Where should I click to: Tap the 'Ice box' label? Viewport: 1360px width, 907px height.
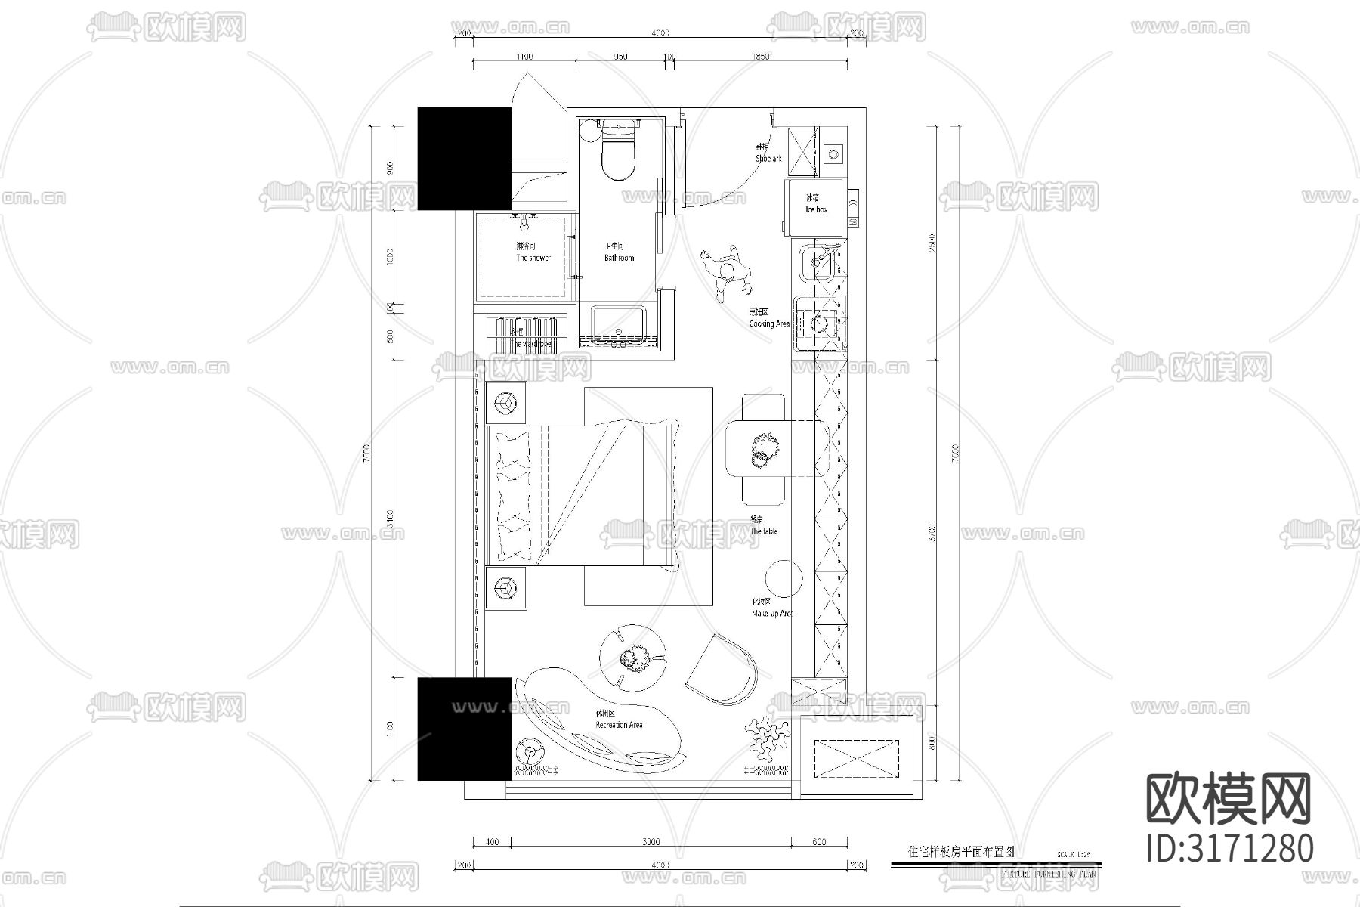click(815, 209)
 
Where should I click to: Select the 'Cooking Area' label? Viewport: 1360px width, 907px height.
click(768, 323)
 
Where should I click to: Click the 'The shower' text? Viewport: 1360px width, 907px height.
click(533, 258)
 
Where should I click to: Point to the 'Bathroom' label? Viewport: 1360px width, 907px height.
click(619, 258)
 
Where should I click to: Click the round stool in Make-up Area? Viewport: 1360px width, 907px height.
click(784, 579)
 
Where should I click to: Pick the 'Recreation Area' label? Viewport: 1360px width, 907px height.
click(619, 725)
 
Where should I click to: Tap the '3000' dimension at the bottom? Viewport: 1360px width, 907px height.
click(651, 841)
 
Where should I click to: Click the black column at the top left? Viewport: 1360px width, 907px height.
click(465, 158)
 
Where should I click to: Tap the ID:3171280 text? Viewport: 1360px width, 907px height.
click(1230, 848)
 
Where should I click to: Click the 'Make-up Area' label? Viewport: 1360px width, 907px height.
click(771, 614)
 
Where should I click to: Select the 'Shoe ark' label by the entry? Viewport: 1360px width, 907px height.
click(768, 159)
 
